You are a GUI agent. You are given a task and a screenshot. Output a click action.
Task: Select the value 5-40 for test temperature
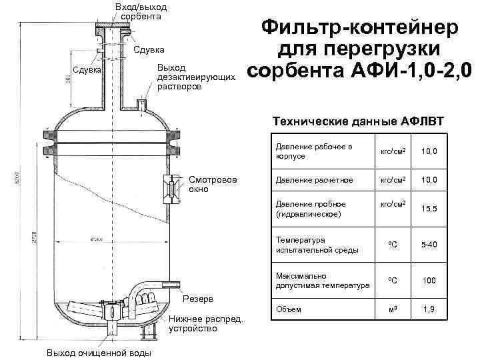pyautogui.click(x=429, y=245)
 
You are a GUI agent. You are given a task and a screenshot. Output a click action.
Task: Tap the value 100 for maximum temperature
pyautogui.click(x=429, y=280)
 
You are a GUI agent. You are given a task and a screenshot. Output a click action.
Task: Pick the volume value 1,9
pyautogui.click(x=429, y=310)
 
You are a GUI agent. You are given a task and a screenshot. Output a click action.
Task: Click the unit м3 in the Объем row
pyautogui.click(x=393, y=310)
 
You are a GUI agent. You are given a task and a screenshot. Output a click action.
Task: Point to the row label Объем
pyautogui.click(x=288, y=309)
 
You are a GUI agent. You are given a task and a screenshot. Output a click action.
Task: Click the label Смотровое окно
pyautogui.click(x=209, y=184)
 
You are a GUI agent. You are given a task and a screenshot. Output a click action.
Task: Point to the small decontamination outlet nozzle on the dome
pyautogui.click(x=142, y=105)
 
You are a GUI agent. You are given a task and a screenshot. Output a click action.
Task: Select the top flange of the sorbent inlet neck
pyautogui.click(x=112, y=27)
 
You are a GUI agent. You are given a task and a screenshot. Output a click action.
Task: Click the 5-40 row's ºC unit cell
pyautogui.click(x=393, y=245)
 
